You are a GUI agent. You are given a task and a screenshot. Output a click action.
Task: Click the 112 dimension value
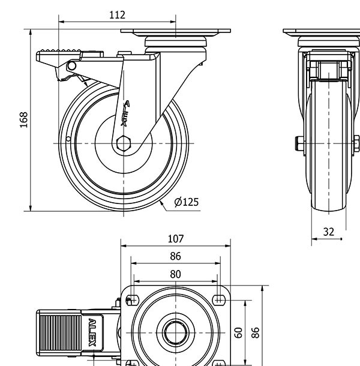(118, 15)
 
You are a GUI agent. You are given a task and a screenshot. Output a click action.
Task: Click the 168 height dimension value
(24, 119)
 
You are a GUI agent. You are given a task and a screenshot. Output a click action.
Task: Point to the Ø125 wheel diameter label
(186, 202)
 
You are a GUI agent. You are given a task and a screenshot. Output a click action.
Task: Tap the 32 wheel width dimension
(328, 232)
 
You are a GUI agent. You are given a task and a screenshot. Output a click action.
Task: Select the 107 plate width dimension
(176, 239)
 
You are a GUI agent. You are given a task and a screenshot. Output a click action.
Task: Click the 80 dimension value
(176, 274)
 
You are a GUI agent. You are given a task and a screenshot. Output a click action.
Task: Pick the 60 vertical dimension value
(238, 332)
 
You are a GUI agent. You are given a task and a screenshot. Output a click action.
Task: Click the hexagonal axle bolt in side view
(123, 144)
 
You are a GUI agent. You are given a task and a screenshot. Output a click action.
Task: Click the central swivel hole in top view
(175, 331)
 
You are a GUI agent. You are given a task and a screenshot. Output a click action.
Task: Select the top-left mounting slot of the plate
(133, 299)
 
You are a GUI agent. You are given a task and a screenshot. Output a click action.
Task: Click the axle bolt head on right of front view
(356, 144)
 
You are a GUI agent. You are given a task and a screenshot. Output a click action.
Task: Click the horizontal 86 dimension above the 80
(175, 256)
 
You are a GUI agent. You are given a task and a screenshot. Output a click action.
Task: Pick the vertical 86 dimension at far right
(255, 332)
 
